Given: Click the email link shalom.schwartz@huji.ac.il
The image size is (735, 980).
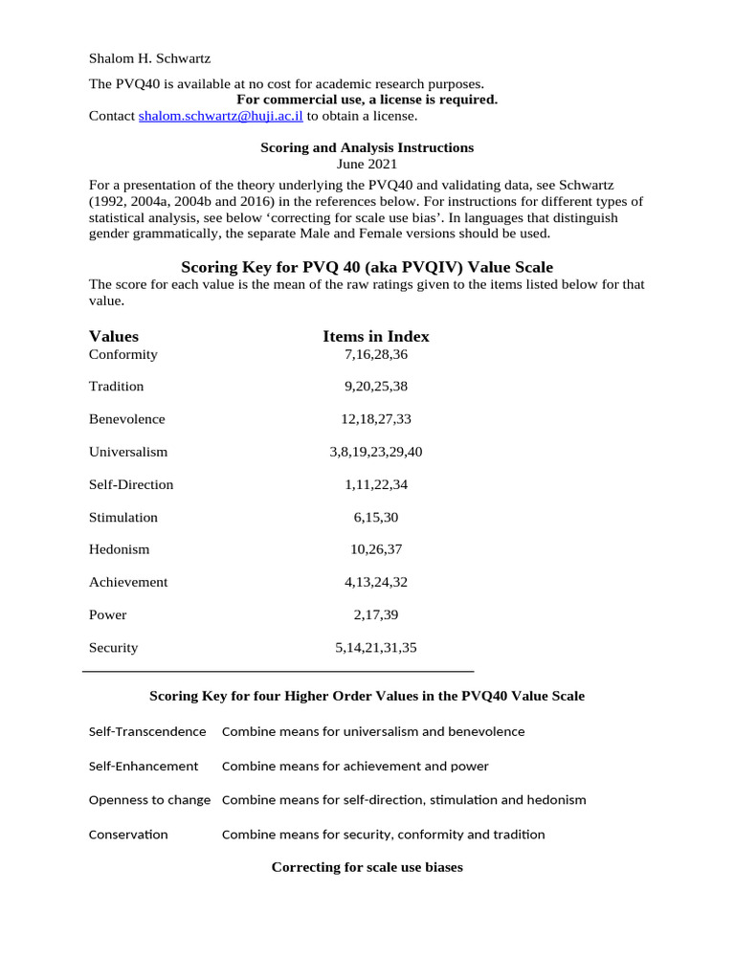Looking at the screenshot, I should point(221,116).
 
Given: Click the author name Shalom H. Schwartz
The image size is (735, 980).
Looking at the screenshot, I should point(149,58).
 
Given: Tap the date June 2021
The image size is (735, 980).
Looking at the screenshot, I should point(367,164).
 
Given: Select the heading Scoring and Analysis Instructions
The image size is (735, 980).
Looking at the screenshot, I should point(367,147).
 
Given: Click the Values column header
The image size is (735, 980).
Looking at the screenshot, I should point(114,336).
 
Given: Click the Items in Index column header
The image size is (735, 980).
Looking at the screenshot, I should point(376,336).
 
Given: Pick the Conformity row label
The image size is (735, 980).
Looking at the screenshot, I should point(123,354).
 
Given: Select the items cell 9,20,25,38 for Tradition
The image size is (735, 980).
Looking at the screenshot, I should point(376,387).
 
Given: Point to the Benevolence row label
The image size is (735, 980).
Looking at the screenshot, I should point(127,419).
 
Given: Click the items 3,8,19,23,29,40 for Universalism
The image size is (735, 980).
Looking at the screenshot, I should point(376,452).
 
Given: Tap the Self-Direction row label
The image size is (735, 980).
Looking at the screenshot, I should point(131,484).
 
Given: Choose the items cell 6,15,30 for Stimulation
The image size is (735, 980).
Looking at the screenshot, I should point(376,517).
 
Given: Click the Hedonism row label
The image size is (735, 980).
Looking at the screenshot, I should point(120,549).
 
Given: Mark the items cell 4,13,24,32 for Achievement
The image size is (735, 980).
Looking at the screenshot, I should point(376,582).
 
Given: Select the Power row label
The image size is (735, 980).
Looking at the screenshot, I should point(108,614).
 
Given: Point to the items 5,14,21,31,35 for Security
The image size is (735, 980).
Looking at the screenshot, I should point(376,647).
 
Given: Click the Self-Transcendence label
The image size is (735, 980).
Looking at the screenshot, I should point(147,731).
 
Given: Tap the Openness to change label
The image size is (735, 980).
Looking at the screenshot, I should point(149,799).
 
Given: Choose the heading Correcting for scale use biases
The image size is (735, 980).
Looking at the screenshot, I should point(367,867).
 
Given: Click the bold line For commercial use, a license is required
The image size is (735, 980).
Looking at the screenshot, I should point(367,100).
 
